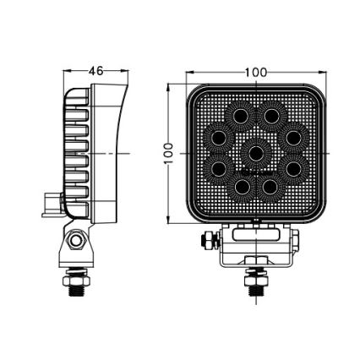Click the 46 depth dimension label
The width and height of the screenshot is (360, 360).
pyautogui.click(x=95, y=72)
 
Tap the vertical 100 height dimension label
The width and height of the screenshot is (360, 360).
pyautogui.click(x=169, y=153)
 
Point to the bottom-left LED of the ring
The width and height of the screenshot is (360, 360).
pyautogui.click(x=241, y=187)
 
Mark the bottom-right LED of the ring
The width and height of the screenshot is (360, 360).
pyautogui.click(x=272, y=187)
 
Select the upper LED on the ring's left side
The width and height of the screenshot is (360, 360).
pyautogui.click(x=220, y=136)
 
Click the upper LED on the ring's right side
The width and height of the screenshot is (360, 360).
pyautogui.click(x=292, y=136)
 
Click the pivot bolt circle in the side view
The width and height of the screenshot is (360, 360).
pyautogui.click(x=77, y=242)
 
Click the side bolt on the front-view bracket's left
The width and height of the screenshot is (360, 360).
pyautogui.click(x=205, y=241)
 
